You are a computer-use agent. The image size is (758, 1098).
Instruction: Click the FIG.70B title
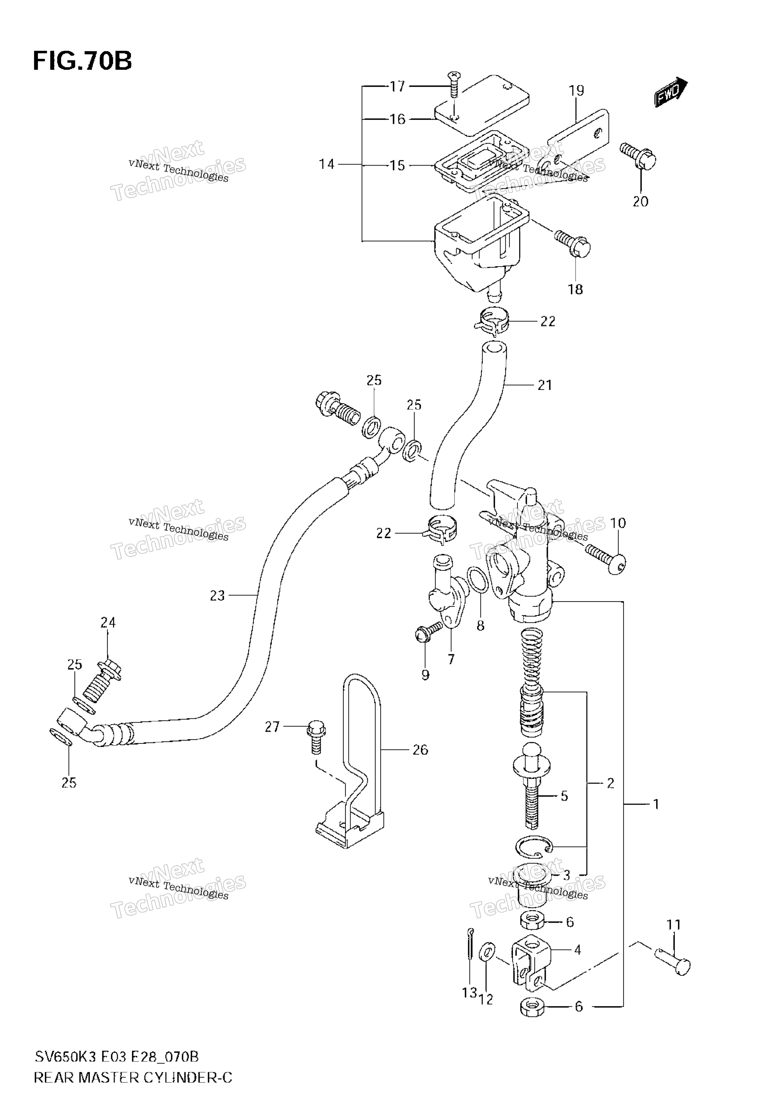coord(82,61)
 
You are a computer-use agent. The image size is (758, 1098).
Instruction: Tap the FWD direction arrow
coord(671,92)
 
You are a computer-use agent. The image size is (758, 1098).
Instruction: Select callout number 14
coord(327,164)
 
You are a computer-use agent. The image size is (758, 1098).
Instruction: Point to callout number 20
coord(640,201)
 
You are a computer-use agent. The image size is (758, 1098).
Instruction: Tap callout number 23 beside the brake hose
coord(217,596)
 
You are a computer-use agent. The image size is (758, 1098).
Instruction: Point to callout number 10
coord(618,523)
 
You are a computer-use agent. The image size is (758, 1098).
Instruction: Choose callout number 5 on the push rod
coord(564,796)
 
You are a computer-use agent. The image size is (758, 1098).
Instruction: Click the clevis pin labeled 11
coord(672,961)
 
